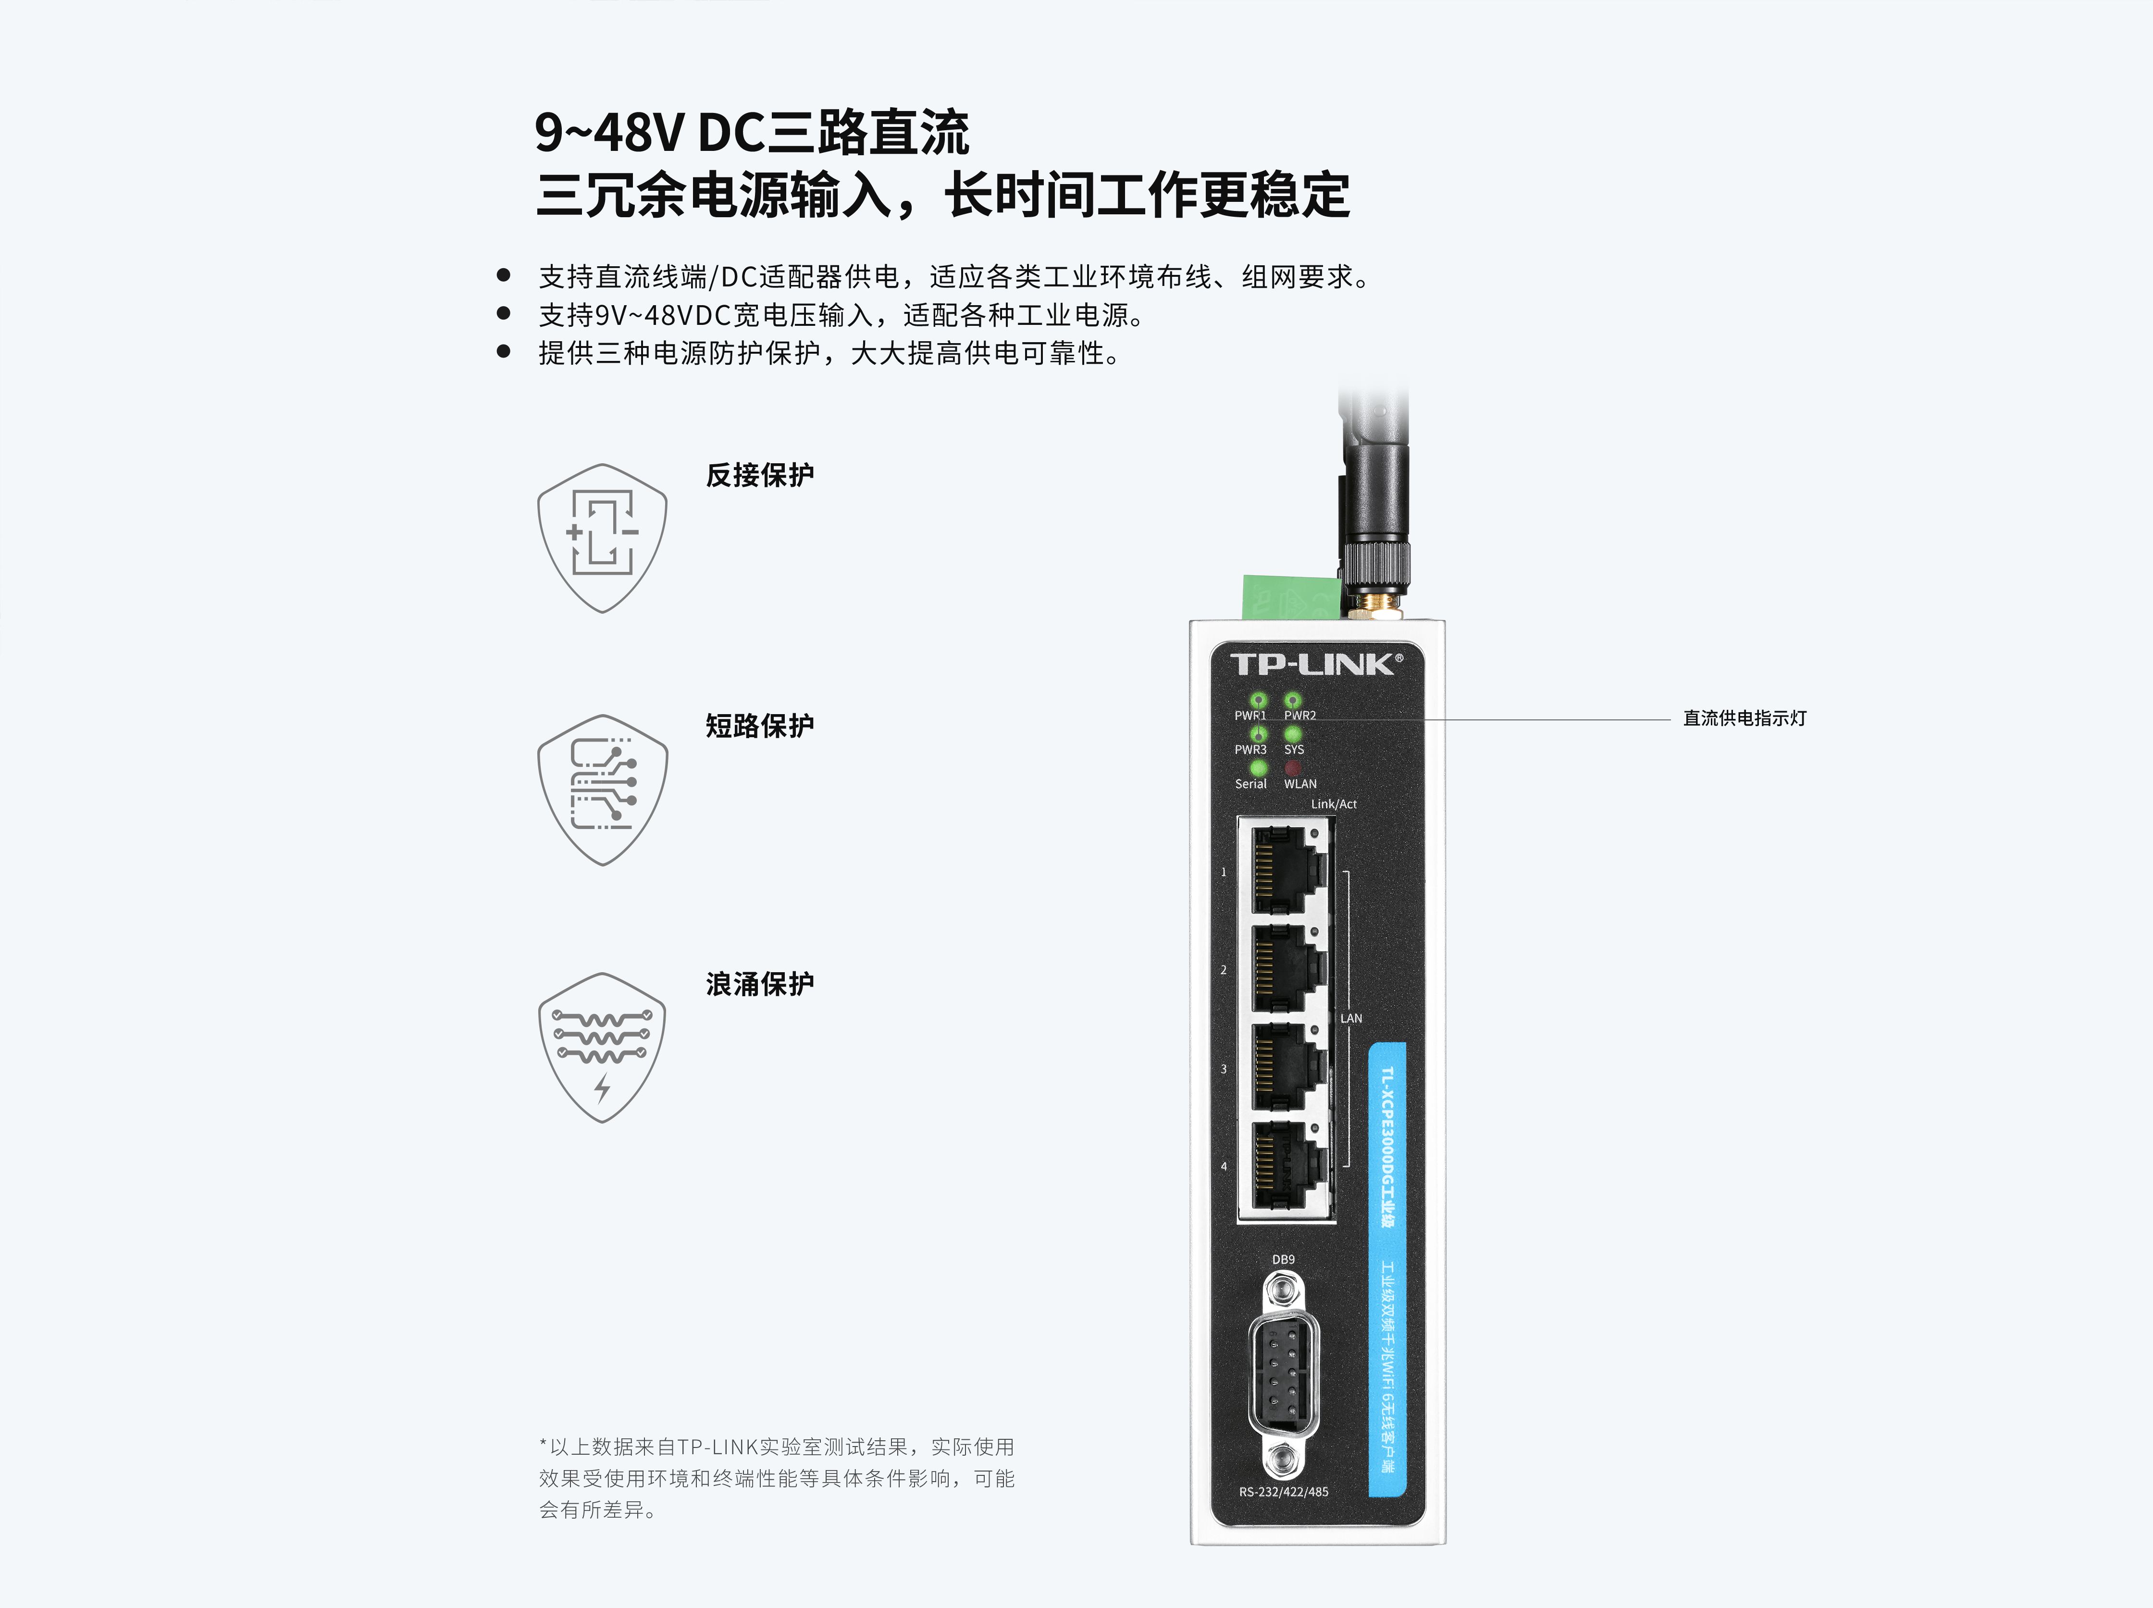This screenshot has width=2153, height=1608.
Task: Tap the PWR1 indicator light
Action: click(1259, 700)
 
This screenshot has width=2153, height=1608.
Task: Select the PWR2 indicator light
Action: click(1293, 700)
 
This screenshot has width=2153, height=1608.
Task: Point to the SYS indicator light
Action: click(1293, 734)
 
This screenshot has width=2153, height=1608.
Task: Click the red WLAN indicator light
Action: click(1293, 768)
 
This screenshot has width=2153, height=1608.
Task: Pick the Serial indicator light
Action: click(1259, 768)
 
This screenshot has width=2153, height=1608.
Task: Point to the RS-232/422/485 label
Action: click(1283, 1491)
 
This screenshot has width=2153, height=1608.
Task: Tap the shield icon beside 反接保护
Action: click(603, 538)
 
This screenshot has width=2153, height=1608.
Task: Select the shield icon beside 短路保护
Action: click(603, 790)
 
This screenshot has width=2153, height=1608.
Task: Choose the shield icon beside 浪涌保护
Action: click(603, 1047)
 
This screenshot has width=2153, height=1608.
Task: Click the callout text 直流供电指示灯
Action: click(1744, 718)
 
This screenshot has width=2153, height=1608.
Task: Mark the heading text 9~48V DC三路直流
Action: click(752, 132)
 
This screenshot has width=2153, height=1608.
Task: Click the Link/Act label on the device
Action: click(1334, 804)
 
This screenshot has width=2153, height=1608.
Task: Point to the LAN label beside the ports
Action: click(1351, 1018)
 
